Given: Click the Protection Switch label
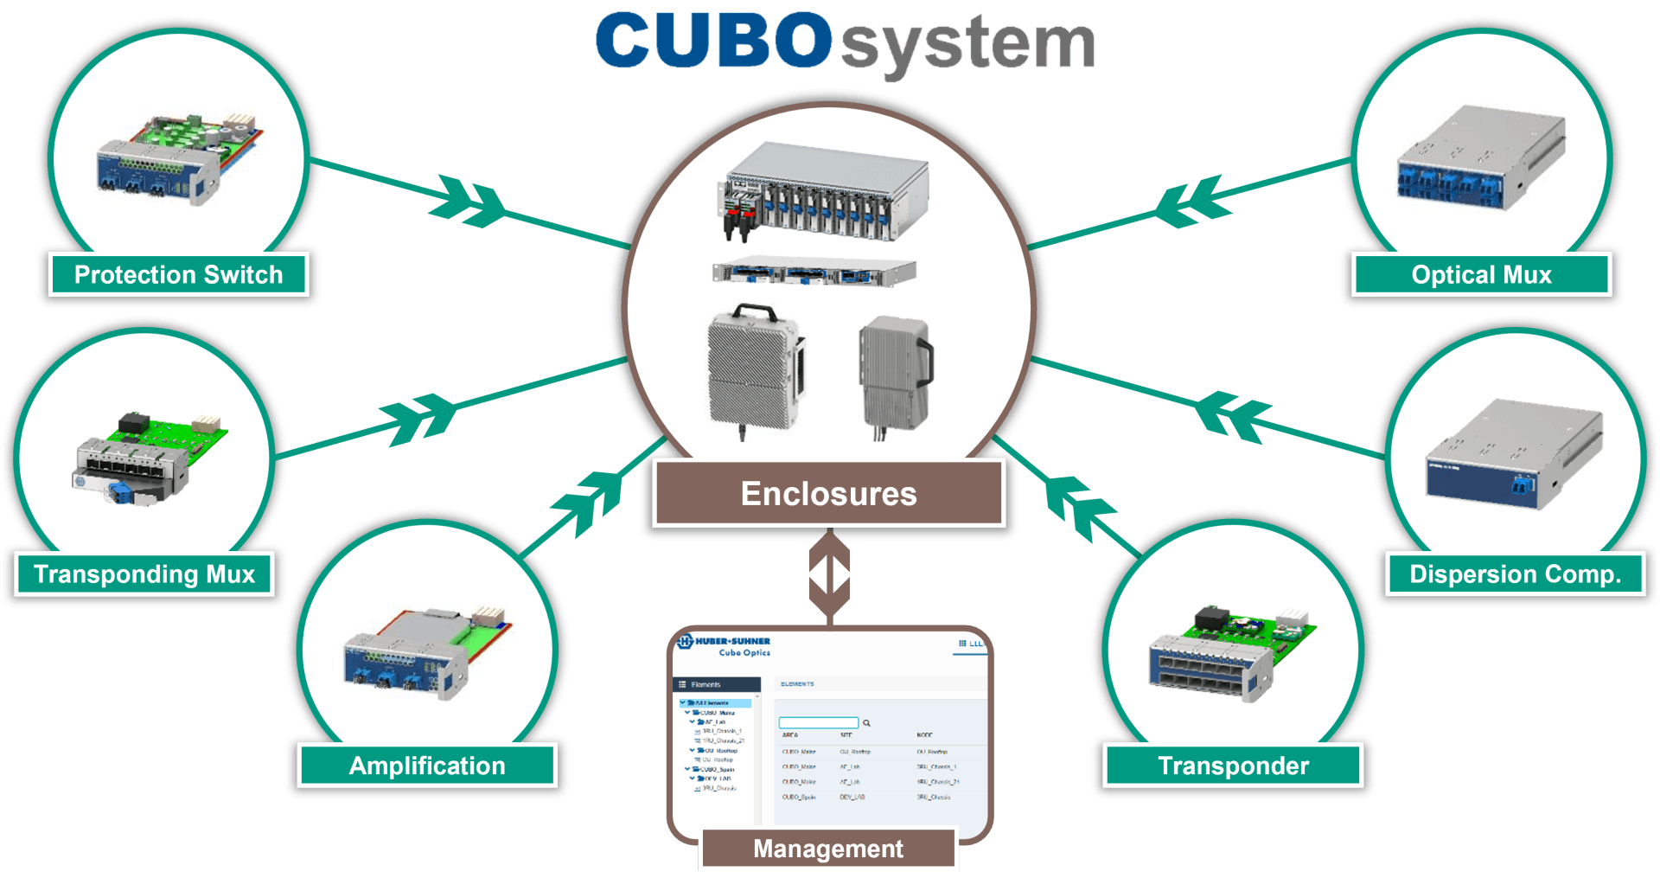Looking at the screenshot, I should tap(178, 275).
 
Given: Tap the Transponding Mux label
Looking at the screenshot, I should tap(144, 574).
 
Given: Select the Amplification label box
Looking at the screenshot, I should tap(427, 766).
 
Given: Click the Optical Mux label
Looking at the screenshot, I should tap(1481, 275).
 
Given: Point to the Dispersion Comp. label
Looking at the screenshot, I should tap(1515, 574).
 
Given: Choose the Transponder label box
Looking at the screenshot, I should tap(1233, 766).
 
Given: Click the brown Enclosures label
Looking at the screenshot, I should tap(828, 494).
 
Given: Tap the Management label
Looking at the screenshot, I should tap(828, 849).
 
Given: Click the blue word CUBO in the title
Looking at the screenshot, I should tap(714, 42).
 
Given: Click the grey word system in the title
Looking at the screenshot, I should tap(967, 45).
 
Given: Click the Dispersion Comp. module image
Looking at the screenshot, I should tap(1514, 455).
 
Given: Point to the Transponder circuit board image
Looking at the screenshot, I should tap(1232, 653).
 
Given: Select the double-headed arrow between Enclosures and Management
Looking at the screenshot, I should tap(829, 574).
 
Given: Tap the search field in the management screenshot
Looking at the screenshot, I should tap(818, 722).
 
